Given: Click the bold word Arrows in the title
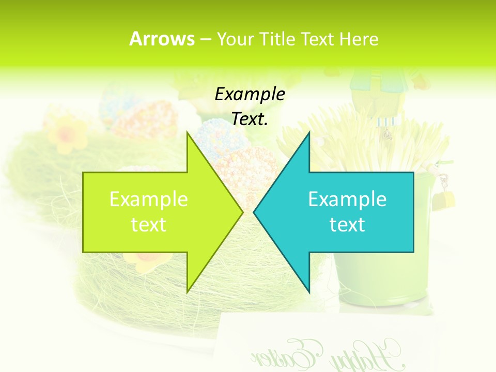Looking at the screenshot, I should tap(162, 39).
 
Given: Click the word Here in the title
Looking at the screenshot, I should tap(359, 39).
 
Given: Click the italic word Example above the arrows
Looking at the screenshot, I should tap(250, 95).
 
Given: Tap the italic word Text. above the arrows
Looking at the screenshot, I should tap(250, 119).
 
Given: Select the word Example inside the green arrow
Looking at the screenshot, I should tap(149, 199).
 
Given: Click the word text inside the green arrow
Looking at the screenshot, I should tap(149, 224).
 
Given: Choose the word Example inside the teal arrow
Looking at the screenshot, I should tap(347, 199).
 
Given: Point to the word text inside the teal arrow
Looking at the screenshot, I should tap(347, 224).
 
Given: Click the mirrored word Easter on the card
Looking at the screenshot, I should tap(289, 354).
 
